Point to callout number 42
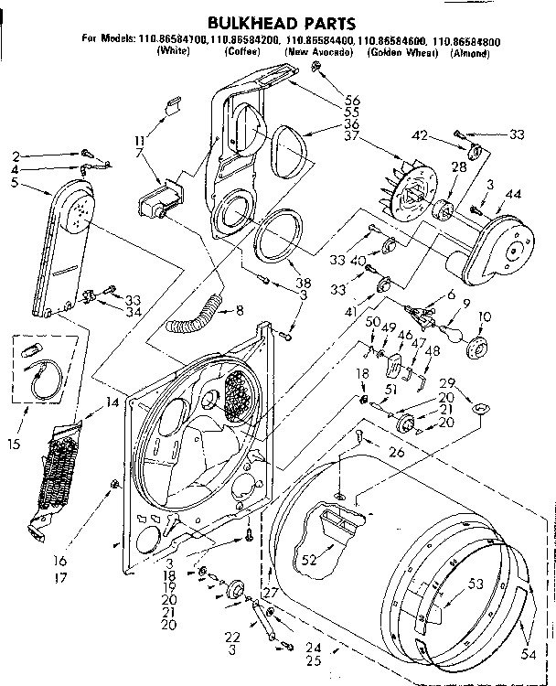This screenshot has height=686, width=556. coord(421,135)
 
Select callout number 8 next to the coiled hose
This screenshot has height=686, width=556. coord(240,310)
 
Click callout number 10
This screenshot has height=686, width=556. coord(485,316)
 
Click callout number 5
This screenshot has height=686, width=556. coord(16,182)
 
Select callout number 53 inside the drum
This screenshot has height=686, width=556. coord(475,583)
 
